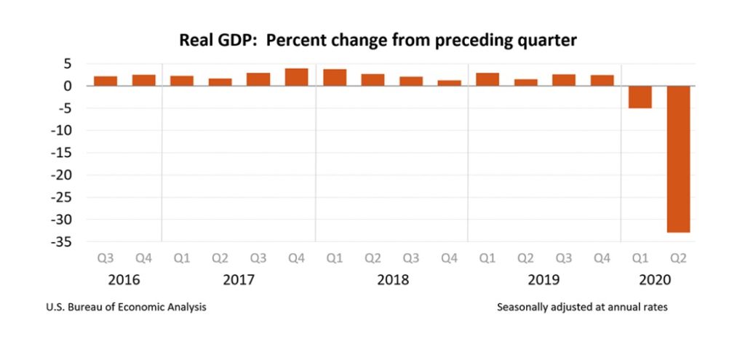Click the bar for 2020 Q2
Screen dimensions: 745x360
[678, 159]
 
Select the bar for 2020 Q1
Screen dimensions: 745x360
[640, 97]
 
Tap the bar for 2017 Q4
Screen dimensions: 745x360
[297, 77]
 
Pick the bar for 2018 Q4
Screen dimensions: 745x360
[450, 83]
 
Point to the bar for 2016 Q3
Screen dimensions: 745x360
[105, 81]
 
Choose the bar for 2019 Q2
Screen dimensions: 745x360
[525, 83]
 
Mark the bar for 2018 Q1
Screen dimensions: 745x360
[335, 77]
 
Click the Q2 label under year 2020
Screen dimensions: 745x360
[678, 258]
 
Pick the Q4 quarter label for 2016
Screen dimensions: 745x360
[143, 258]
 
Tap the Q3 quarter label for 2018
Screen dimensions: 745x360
[411, 258]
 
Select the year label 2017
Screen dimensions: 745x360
[239, 280]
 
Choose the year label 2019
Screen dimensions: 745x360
[543, 280]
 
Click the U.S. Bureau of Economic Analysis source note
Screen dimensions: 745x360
[126, 308]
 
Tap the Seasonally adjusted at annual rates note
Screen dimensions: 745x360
[582, 308]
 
